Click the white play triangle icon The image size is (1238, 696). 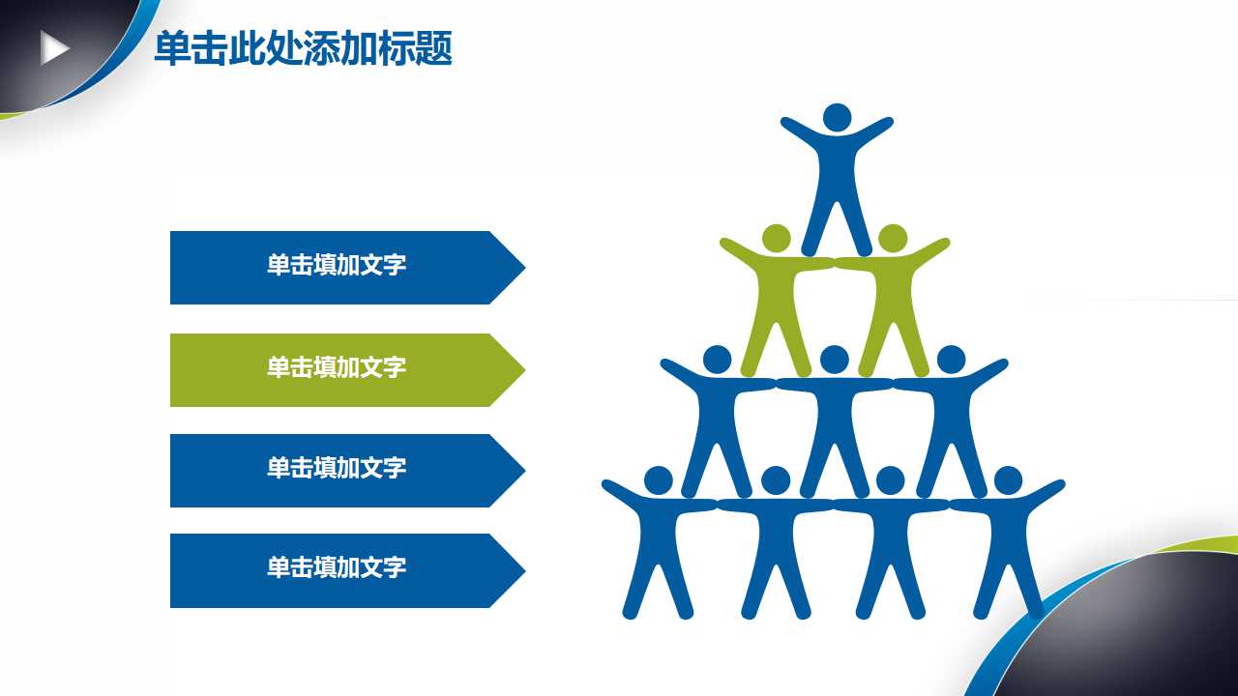coord(54,47)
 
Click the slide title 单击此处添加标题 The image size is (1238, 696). coord(303,48)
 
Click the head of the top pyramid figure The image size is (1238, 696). coord(837,118)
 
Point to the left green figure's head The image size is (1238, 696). coord(777,238)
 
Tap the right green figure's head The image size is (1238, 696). coord(892,238)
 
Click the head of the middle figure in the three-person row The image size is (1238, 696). coord(834,360)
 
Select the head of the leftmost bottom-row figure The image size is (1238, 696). coord(658,479)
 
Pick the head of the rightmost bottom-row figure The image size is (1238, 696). coord(1008,479)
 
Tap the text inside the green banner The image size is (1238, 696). coord(337,367)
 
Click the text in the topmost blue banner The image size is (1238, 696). coord(337,266)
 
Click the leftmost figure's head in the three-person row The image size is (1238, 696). coord(717,360)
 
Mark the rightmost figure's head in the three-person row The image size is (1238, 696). coord(951,360)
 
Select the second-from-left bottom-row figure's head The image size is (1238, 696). coord(776,479)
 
